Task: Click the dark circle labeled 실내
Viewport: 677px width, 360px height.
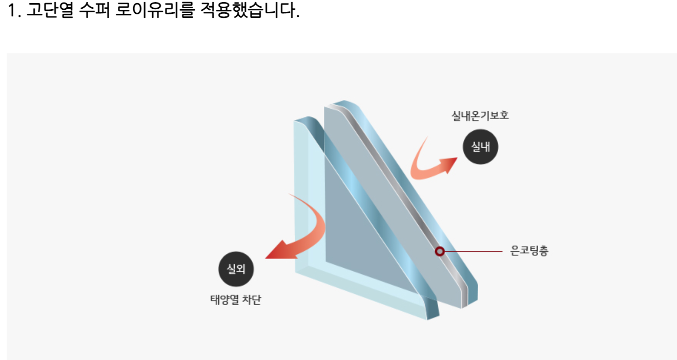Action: tap(480, 147)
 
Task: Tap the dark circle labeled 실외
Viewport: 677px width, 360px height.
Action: tap(236, 268)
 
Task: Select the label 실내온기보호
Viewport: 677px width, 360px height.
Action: tap(480, 116)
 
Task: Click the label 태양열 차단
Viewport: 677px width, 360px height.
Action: tap(236, 300)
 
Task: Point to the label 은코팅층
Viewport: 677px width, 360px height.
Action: tap(529, 252)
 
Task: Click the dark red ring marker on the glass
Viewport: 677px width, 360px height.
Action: tap(439, 251)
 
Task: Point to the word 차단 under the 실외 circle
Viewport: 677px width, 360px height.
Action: tap(252, 300)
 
